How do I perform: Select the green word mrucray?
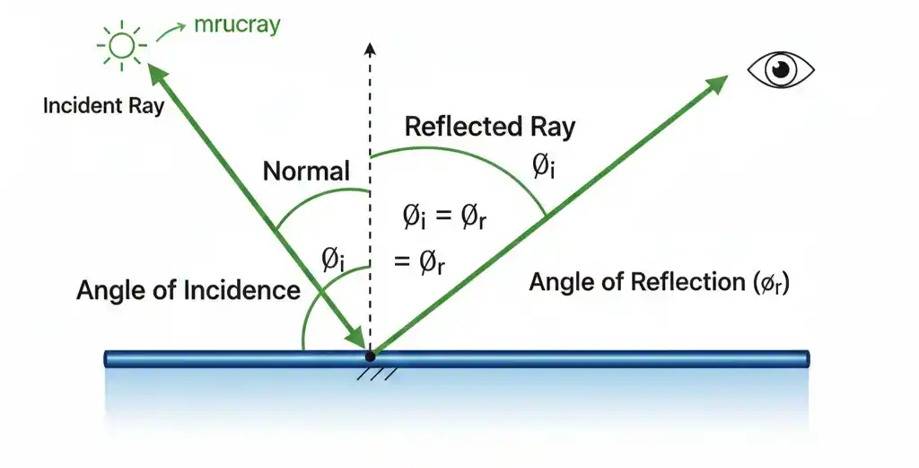coord(238,24)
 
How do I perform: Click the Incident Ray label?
coord(103,105)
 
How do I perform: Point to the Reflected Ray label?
coord(489,127)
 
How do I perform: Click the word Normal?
coord(306,171)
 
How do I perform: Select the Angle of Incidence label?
coord(188,290)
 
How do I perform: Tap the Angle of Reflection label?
coord(660,282)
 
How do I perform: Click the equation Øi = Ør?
coord(443,217)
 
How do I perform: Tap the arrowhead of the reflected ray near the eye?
coord(716,84)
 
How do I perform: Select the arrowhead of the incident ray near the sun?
coord(155,72)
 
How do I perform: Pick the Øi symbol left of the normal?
coord(333,260)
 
